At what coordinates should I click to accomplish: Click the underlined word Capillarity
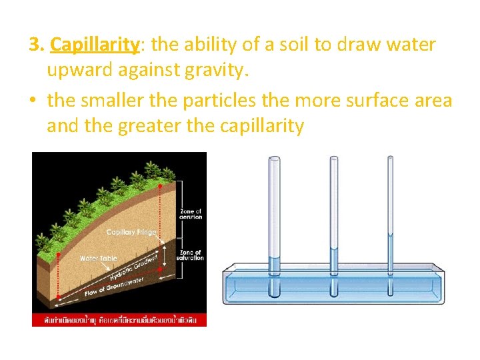(x=95, y=45)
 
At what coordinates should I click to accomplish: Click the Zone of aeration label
(x=191, y=214)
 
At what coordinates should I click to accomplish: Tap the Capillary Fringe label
(x=131, y=232)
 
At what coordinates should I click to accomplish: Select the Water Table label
(x=98, y=257)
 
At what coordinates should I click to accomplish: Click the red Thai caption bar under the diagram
(x=119, y=319)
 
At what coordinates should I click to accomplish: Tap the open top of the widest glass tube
(x=274, y=158)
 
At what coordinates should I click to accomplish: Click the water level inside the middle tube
(x=334, y=248)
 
